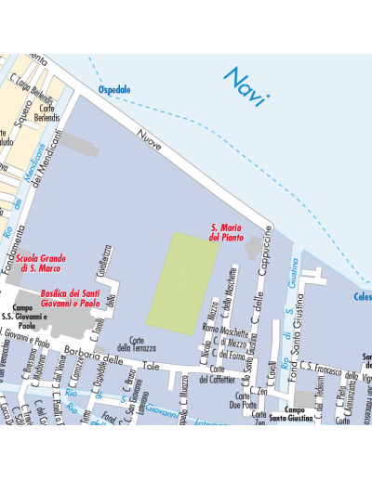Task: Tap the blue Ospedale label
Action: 114,90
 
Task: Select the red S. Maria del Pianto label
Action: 227,231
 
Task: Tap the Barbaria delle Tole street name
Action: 113,359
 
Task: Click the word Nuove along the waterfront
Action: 149,140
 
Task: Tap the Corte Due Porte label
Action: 244,401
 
